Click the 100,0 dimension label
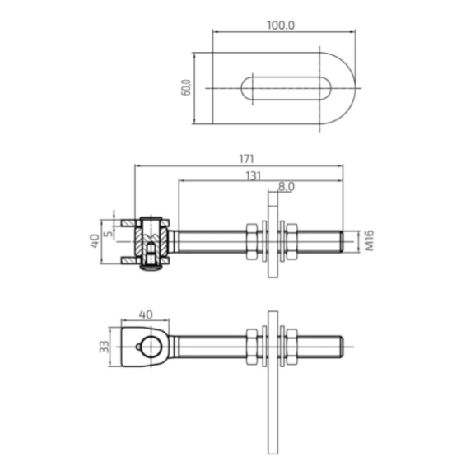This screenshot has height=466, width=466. (x=280, y=25)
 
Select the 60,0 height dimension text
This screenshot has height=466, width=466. (x=187, y=88)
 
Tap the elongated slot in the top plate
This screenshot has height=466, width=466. (x=284, y=89)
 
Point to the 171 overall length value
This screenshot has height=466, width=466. (x=246, y=157)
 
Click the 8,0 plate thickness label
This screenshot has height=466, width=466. (x=286, y=187)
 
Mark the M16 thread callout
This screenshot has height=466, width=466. (x=370, y=241)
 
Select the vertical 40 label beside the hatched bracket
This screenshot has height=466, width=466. (x=96, y=241)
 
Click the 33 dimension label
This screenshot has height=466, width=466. (x=103, y=347)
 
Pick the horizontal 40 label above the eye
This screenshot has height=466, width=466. (x=146, y=314)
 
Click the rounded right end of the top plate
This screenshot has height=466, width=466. (x=346, y=89)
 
